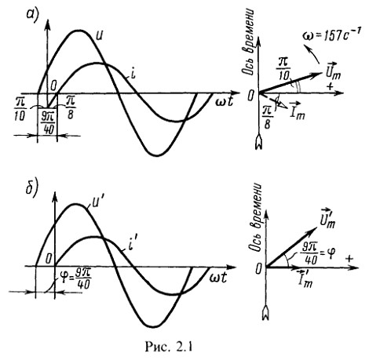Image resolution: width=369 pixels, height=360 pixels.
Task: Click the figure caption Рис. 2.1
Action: coord(169,347)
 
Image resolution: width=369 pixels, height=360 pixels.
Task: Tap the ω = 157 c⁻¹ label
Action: coord(332,35)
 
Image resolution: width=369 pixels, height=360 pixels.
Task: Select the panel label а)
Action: coord(32,15)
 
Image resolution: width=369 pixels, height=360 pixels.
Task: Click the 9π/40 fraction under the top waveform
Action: coord(47,124)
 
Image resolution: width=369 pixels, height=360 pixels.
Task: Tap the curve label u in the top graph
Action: coord(99,36)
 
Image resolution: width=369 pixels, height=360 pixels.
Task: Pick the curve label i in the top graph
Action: coord(133,75)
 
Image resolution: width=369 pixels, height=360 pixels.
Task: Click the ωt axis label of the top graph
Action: coord(224,101)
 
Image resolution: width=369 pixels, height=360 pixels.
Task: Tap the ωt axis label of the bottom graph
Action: coord(217,278)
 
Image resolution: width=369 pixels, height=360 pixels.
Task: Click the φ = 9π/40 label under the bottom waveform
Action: coord(75,279)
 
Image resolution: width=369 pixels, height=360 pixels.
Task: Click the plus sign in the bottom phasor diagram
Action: coord(349,258)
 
